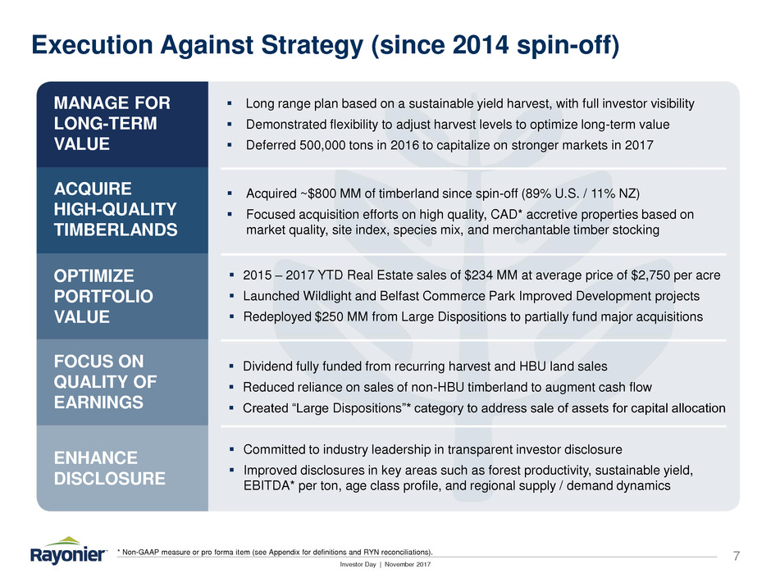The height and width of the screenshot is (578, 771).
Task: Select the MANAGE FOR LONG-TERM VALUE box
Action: [122, 124]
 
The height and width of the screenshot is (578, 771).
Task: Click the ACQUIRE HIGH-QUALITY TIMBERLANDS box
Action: [122, 210]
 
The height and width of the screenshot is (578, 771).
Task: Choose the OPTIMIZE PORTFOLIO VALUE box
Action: [122, 296]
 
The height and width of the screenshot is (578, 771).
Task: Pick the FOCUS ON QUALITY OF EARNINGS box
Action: [122, 382]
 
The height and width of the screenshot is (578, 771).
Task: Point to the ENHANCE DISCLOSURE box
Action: [122, 467]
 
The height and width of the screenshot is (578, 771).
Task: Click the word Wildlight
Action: [324, 296]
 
